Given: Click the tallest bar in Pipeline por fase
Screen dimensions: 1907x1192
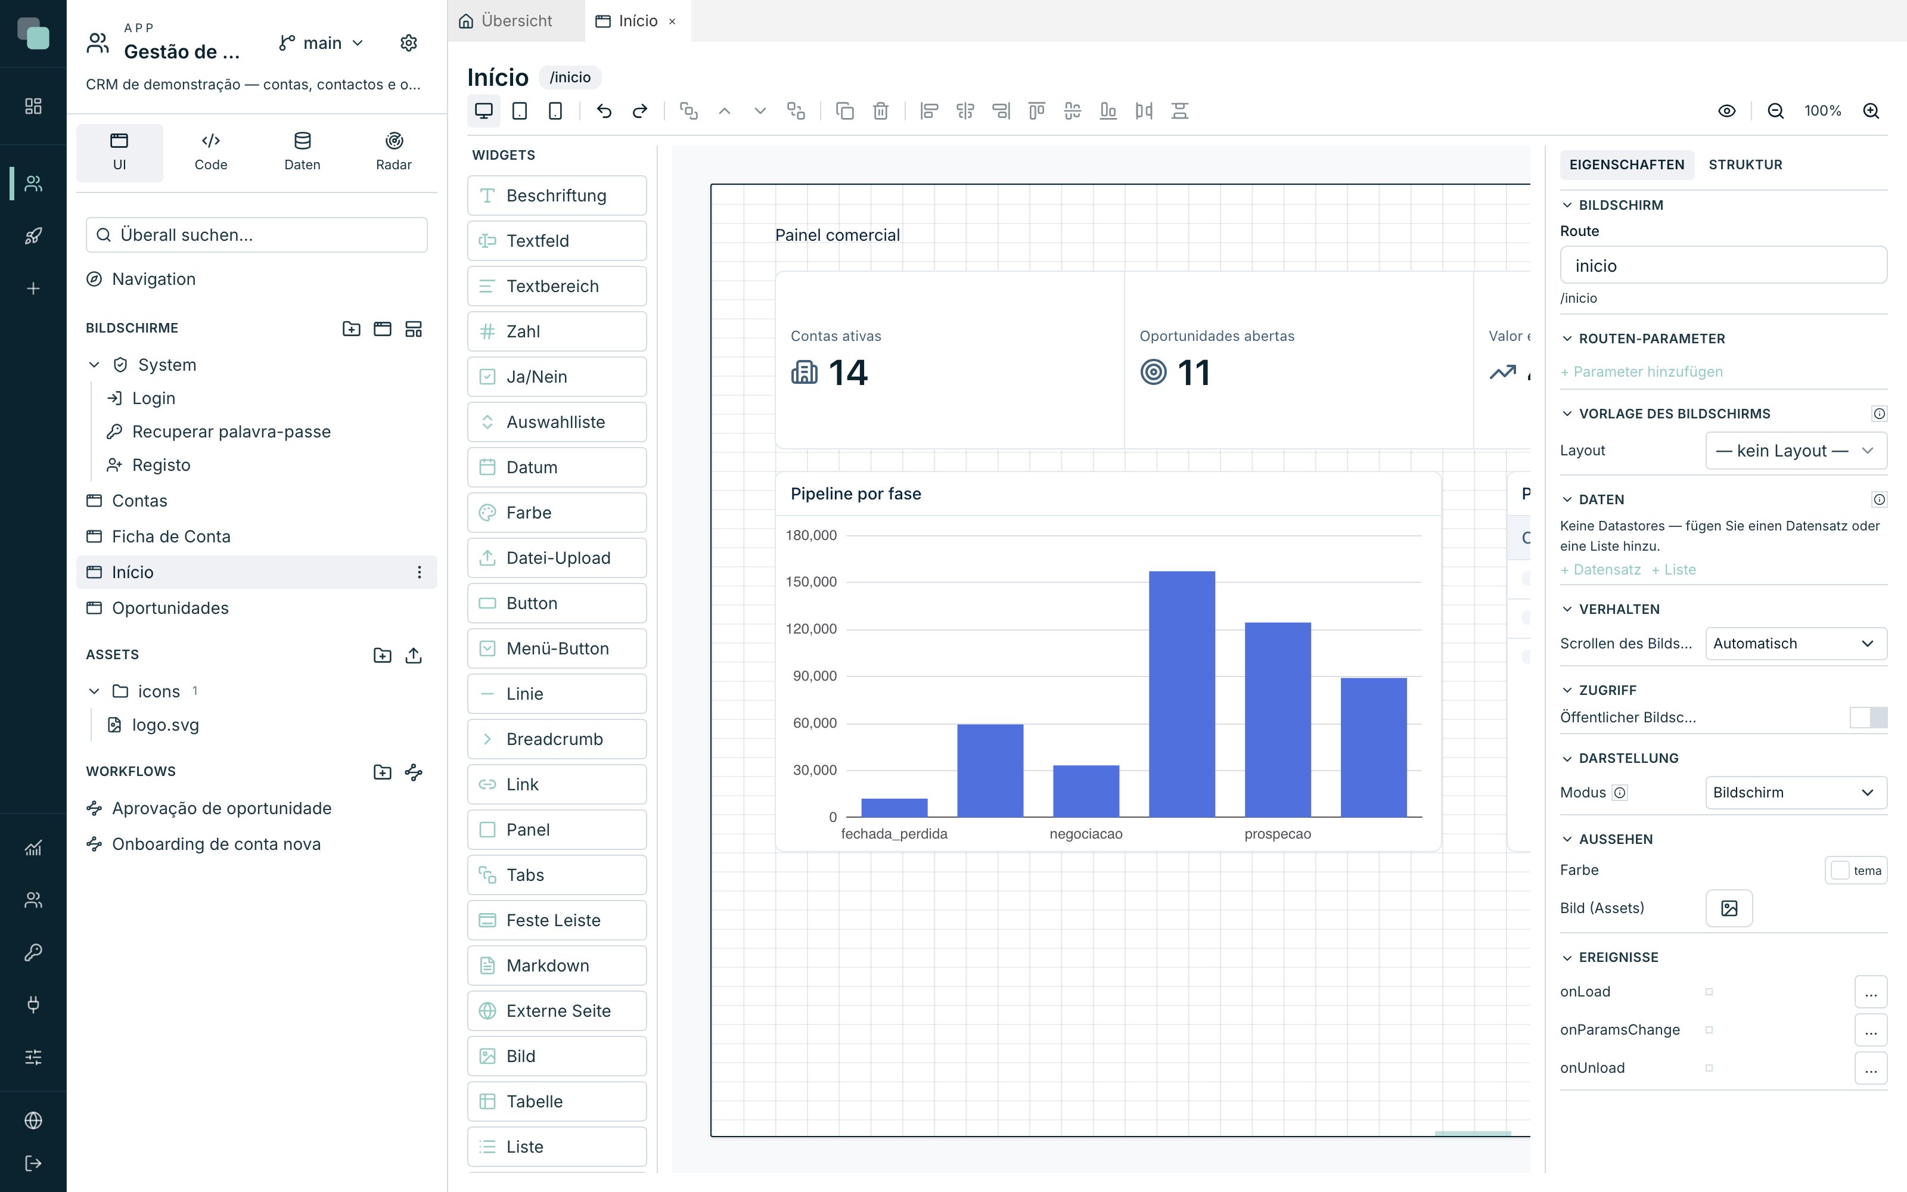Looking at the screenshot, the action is pyautogui.click(x=1181, y=694).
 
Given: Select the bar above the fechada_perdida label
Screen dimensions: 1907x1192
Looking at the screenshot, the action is pyautogui.click(x=894, y=807).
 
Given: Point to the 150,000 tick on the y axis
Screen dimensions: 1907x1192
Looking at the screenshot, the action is pyautogui.click(x=811, y=582).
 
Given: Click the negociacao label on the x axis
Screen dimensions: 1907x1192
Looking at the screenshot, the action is pyautogui.click(x=1086, y=834).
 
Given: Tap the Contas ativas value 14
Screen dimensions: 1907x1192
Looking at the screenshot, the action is pyautogui.click(x=848, y=372).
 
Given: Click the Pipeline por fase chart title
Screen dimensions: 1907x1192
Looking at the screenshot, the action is pyautogui.click(x=856, y=493).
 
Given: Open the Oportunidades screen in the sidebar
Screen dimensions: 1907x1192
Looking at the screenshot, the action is pyautogui.click(x=170, y=608).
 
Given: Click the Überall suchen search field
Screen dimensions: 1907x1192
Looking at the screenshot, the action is pyautogui.click(x=257, y=235).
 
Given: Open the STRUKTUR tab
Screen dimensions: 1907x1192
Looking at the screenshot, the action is pyautogui.click(x=1745, y=164).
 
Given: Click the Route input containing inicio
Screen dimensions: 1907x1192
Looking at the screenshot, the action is pyautogui.click(x=1723, y=266).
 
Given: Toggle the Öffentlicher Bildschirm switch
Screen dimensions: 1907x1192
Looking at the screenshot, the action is pyautogui.click(x=1868, y=718).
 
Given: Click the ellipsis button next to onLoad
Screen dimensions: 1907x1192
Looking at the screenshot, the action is pyautogui.click(x=1870, y=992).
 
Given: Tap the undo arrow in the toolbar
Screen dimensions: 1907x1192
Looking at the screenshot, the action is pyautogui.click(x=604, y=111).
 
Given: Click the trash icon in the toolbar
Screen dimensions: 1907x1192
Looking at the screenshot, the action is pyautogui.click(x=880, y=111).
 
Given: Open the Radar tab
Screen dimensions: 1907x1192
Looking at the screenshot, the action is pyautogui.click(x=393, y=151).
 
